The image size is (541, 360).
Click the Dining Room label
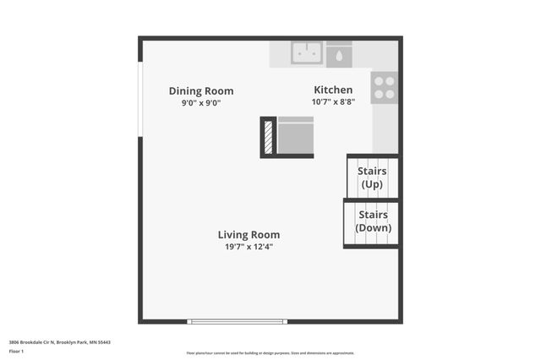[201, 91]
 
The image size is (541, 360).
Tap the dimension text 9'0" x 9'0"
[201, 103]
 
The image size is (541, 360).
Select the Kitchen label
[333, 90]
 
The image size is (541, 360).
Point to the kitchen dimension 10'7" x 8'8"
[333, 101]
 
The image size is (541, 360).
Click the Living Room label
[249, 235]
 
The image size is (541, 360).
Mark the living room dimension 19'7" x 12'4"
[249, 247]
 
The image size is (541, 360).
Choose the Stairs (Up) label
[372, 177]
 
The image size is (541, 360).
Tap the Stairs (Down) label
[372, 221]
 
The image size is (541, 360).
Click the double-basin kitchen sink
[307, 53]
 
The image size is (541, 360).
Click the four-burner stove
[384, 87]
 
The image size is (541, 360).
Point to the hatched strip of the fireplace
[269, 137]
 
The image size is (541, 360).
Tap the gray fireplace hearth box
[296, 137]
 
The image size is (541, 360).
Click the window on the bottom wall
[238, 321]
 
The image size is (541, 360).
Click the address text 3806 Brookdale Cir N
[59, 342]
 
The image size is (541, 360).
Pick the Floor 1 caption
[16, 351]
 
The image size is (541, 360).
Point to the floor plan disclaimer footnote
[270, 353]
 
